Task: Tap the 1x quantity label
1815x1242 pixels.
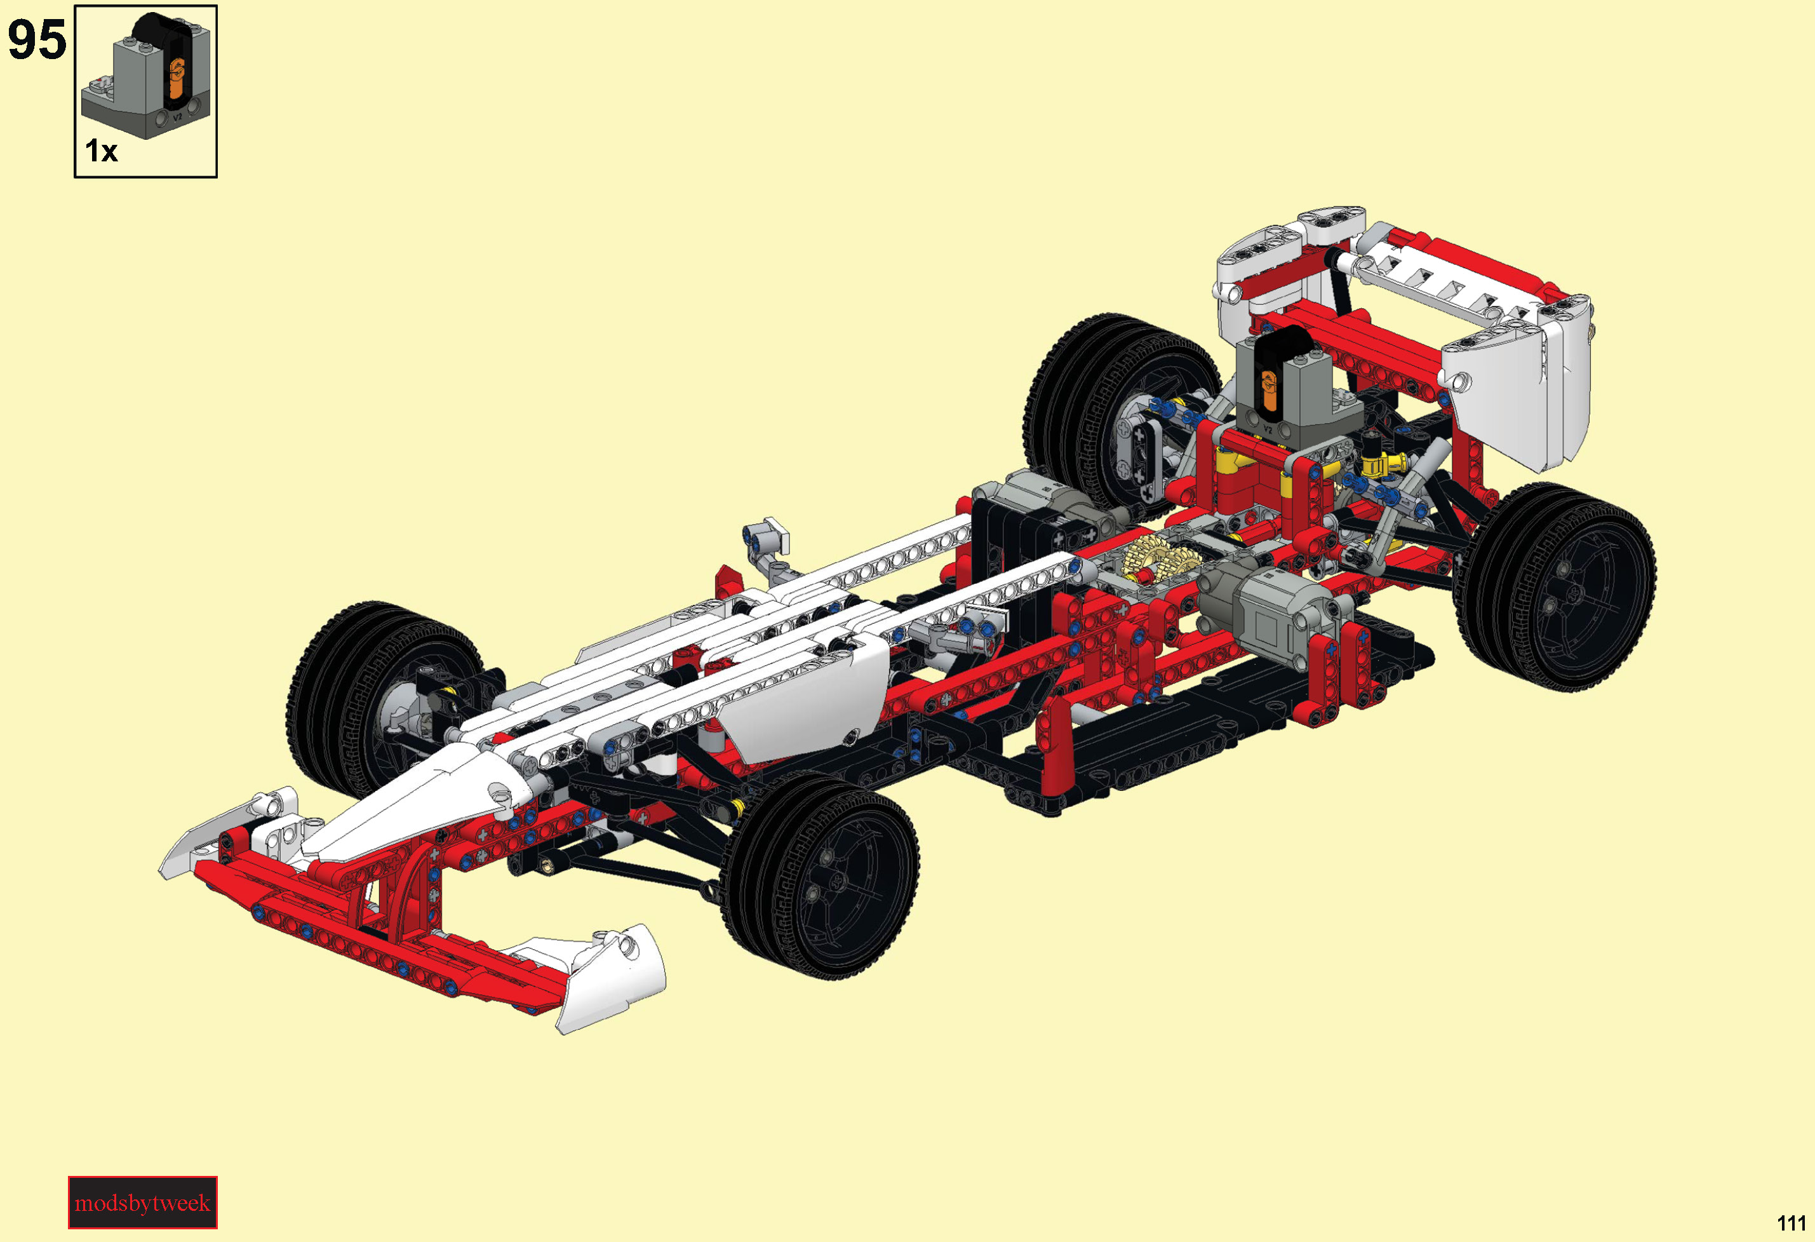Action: click(101, 151)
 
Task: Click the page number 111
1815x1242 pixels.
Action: click(1791, 1223)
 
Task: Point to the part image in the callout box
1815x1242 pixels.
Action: click(146, 76)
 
